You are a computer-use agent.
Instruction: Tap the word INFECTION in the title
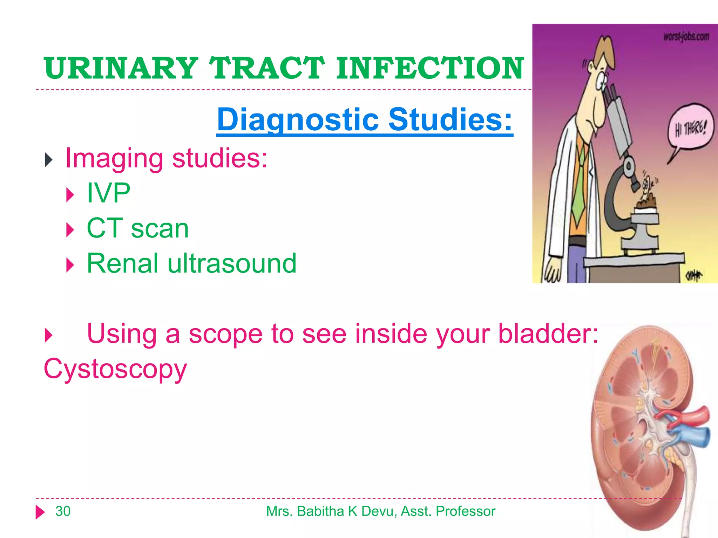[429, 68]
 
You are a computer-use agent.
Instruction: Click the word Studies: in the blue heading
[450, 120]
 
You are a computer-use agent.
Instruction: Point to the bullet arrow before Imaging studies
[49, 160]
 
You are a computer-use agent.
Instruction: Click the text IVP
[108, 193]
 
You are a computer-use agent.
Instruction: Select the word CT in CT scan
[104, 228]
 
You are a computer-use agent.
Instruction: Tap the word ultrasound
[232, 263]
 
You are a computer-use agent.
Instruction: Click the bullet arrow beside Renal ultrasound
[70, 265]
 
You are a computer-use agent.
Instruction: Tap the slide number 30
[63, 511]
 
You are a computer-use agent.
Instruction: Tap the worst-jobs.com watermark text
[686, 37]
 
